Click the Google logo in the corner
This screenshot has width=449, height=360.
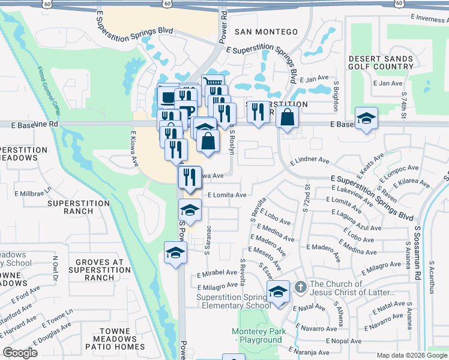20,353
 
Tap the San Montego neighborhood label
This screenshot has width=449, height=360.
266,31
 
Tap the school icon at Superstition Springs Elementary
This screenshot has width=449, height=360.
277,292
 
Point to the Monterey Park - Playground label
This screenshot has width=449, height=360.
256,335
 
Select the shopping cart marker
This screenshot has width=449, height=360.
212,83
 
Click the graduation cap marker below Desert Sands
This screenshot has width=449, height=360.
366,118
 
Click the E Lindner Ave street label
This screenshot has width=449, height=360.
310,161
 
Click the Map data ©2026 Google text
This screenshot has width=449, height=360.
410,355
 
